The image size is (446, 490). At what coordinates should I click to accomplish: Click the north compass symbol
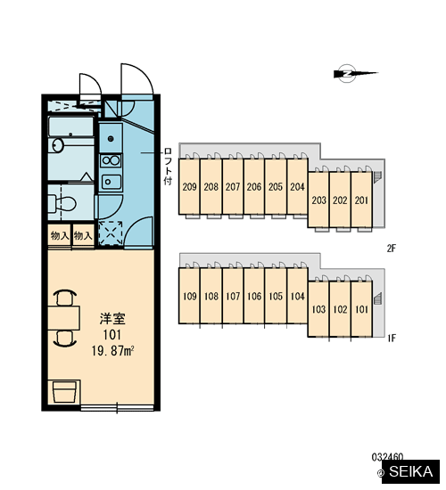[x=348, y=74]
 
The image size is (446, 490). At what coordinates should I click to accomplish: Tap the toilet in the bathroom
[x=63, y=204]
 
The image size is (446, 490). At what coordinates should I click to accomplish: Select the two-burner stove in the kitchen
[x=111, y=161]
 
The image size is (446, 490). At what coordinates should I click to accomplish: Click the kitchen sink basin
[x=111, y=182]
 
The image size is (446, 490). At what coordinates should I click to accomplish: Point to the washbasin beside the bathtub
[x=57, y=145]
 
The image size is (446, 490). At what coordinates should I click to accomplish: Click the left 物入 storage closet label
[x=60, y=235]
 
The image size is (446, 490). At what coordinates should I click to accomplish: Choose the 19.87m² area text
[x=113, y=351]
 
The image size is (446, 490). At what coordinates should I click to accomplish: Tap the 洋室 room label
[x=112, y=318]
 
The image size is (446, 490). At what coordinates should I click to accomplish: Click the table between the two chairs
[x=64, y=318]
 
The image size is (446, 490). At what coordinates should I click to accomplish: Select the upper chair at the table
[x=65, y=298]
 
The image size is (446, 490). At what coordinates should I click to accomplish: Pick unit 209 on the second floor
[x=189, y=187]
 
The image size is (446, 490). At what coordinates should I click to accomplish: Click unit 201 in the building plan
[x=362, y=200]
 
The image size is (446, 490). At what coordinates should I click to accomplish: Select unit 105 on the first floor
[x=276, y=296]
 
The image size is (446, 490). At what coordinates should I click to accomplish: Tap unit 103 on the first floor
[x=318, y=309]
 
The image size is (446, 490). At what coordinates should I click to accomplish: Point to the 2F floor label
[x=392, y=249]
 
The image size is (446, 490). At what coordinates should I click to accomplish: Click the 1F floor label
[x=392, y=338]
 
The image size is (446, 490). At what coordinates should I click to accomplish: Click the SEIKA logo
[x=410, y=471]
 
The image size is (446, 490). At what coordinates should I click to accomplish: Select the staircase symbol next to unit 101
[x=378, y=298]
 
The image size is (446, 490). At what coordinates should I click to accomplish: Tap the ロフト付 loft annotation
[x=168, y=167]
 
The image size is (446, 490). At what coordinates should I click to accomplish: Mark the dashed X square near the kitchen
[x=111, y=233]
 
